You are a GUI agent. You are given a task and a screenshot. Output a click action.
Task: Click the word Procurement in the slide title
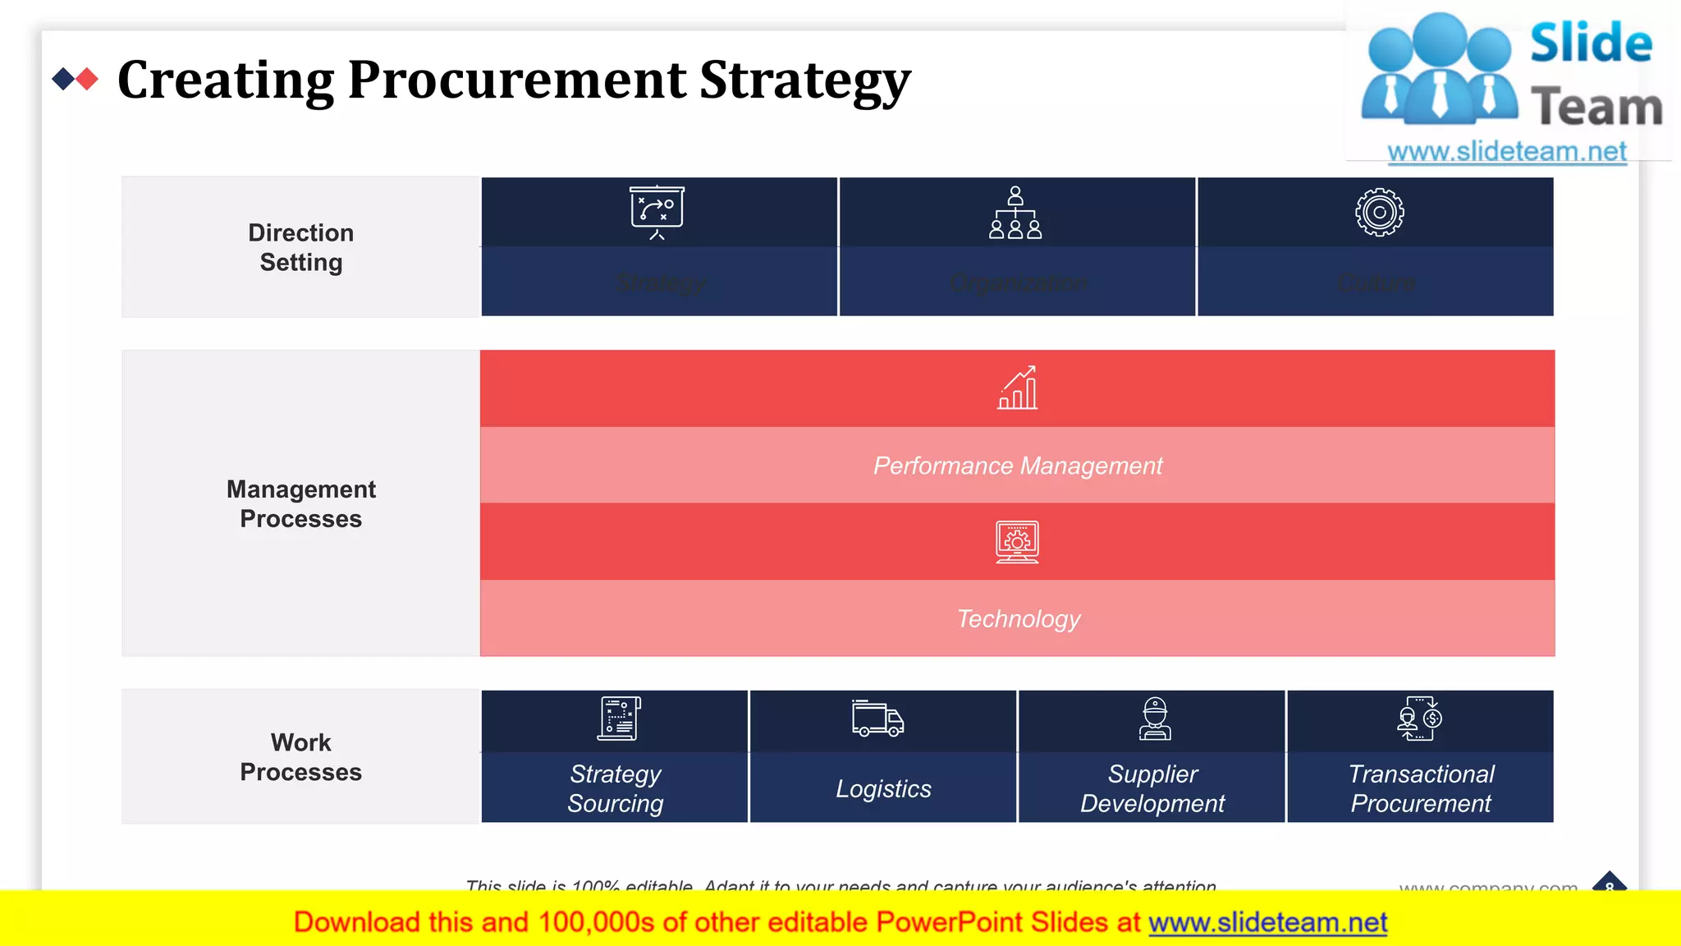coord(516,80)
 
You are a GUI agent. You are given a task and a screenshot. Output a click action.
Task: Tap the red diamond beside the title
coord(87,79)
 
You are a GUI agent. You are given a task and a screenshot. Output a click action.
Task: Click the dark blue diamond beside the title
coord(62,79)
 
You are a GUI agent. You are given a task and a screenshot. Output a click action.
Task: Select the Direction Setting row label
coord(300,247)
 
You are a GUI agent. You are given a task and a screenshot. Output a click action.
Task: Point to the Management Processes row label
coord(300,503)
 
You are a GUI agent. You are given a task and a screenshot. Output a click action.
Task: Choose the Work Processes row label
coord(300,756)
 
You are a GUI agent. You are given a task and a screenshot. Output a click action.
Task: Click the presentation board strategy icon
coord(657,212)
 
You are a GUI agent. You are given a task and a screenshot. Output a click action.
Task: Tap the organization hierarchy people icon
coord(1015,213)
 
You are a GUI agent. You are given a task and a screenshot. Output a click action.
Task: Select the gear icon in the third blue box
coord(1379,213)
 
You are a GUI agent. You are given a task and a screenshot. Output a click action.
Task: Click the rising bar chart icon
coord(1018,388)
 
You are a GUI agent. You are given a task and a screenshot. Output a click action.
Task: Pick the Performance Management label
coord(1018,466)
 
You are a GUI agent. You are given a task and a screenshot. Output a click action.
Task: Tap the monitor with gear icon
coord(1017,542)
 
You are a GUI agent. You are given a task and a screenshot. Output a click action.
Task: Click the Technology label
coord(1018,618)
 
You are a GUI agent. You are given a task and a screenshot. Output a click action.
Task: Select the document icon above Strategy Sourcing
coord(619,719)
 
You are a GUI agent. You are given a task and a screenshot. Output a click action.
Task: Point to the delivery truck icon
coord(877,719)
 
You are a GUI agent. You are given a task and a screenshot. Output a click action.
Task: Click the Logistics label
coord(883,788)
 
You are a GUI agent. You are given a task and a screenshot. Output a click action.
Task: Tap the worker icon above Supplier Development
coord(1155,719)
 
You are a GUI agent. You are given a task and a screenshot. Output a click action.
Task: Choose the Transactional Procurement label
coord(1421,788)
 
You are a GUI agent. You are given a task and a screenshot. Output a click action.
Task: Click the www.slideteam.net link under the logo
coord(1507,152)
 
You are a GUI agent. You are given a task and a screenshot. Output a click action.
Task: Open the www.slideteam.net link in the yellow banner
coord(1267,922)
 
